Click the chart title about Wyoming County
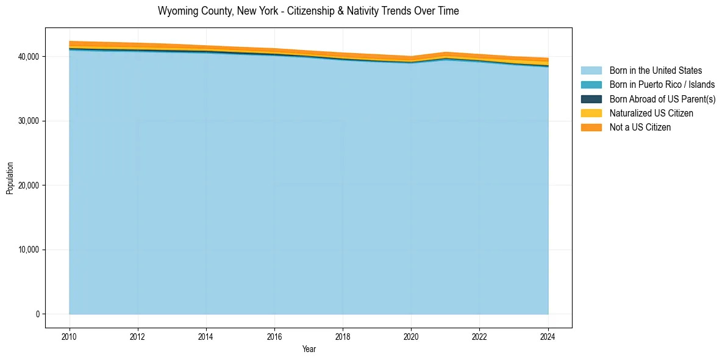(308, 11)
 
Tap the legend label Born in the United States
(655, 71)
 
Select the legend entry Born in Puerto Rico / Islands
(662, 85)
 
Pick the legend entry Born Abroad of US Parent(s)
(662, 99)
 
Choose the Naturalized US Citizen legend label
(651, 113)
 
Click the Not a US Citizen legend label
(640, 127)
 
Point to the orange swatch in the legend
(591, 127)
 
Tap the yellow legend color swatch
(591, 113)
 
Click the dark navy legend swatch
(591, 99)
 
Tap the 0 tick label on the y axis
(37, 314)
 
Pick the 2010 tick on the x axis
(70, 336)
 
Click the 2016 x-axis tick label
(274, 336)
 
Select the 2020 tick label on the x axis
(411, 336)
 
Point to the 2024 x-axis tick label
(548, 336)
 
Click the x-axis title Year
(309, 349)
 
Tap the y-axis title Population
(10, 178)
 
